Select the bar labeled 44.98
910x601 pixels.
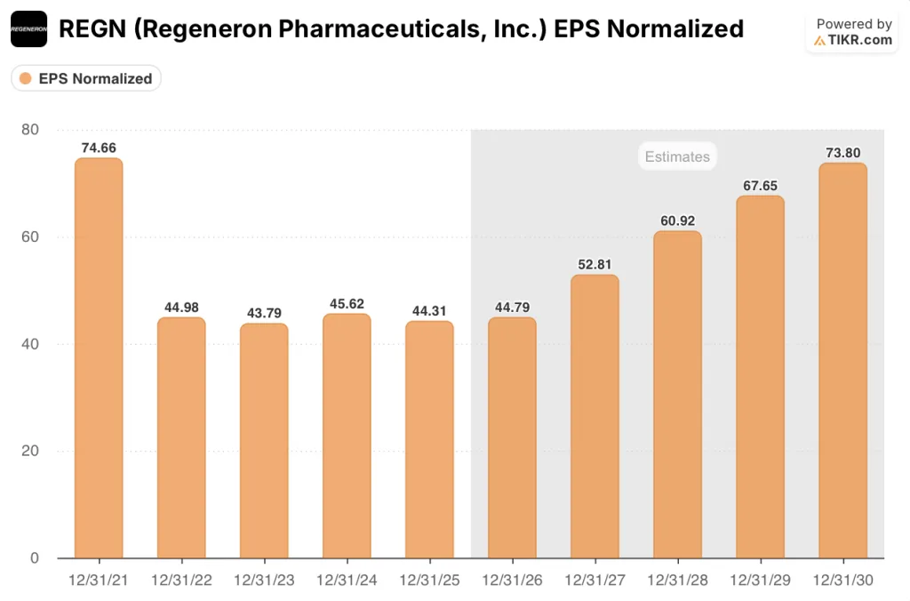pyautogui.click(x=181, y=437)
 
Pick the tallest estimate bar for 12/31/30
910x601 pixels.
pyautogui.click(x=842, y=360)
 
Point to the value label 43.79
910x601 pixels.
pyautogui.click(x=264, y=313)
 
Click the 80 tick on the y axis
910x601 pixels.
pyautogui.click(x=29, y=130)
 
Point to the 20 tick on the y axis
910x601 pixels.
pyautogui.click(x=29, y=451)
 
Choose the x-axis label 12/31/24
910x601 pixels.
pyautogui.click(x=347, y=580)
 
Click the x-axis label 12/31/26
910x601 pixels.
pyautogui.click(x=512, y=580)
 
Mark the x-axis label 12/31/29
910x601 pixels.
pyautogui.click(x=760, y=580)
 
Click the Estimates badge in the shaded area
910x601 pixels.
pyautogui.click(x=677, y=156)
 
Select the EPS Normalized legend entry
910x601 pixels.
pyautogui.click(x=86, y=78)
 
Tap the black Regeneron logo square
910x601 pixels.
pyautogui.click(x=28, y=29)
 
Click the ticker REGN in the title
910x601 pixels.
pyautogui.click(x=89, y=29)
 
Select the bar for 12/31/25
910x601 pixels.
pyautogui.click(x=429, y=439)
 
